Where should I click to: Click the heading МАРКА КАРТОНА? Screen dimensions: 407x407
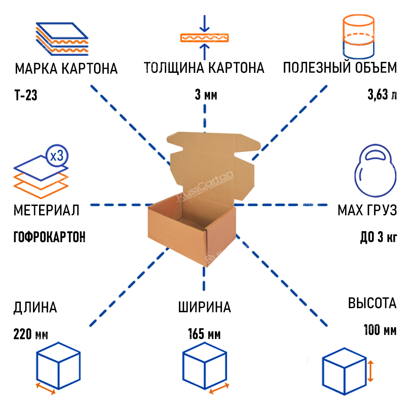(x=66, y=68)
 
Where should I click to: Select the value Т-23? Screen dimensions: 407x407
(x=26, y=96)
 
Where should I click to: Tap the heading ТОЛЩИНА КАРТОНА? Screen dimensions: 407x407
(x=204, y=68)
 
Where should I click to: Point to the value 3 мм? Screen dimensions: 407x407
(x=206, y=96)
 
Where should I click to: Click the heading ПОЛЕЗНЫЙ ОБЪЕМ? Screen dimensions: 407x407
(x=340, y=68)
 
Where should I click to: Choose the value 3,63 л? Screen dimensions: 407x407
(x=382, y=96)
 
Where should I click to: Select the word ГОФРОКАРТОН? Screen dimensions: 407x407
(x=49, y=237)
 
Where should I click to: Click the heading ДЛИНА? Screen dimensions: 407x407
(x=35, y=307)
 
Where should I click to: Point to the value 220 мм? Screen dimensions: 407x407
(x=31, y=335)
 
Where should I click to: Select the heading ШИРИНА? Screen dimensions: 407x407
(x=204, y=307)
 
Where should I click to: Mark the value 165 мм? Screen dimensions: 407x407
(x=204, y=335)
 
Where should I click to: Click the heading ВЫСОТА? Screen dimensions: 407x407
(x=372, y=303)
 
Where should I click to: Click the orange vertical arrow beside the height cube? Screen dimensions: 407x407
(x=370, y=370)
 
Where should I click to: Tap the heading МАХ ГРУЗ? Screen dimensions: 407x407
(x=367, y=210)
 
